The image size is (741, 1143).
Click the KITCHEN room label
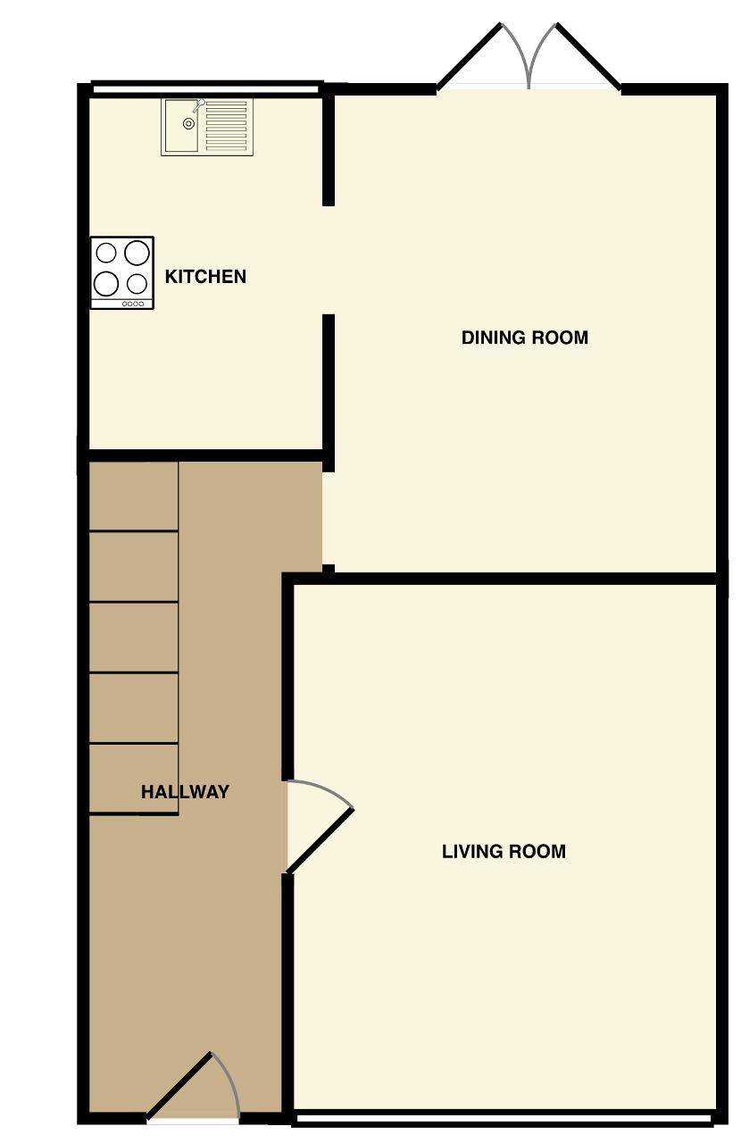click(x=205, y=277)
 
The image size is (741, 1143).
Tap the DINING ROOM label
click(x=525, y=338)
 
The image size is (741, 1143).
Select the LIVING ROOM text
click(x=504, y=852)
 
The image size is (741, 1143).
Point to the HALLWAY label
click(x=185, y=792)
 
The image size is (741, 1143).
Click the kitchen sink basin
click(x=180, y=126)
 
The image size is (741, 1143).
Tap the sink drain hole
click(x=189, y=123)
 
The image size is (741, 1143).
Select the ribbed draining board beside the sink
click(x=226, y=126)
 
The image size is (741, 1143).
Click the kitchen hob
click(x=122, y=272)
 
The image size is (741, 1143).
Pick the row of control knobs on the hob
click(x=133, y=304)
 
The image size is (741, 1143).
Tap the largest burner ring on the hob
click(x=137, y=253)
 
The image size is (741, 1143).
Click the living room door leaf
click(x=320, y=840)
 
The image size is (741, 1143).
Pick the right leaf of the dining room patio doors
click(x=588, y=55)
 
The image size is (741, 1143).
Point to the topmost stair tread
click(x=134, y=496)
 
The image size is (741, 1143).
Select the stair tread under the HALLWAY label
click(x=134, y=779)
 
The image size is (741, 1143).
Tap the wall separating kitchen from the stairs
click(x=206, y=455)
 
